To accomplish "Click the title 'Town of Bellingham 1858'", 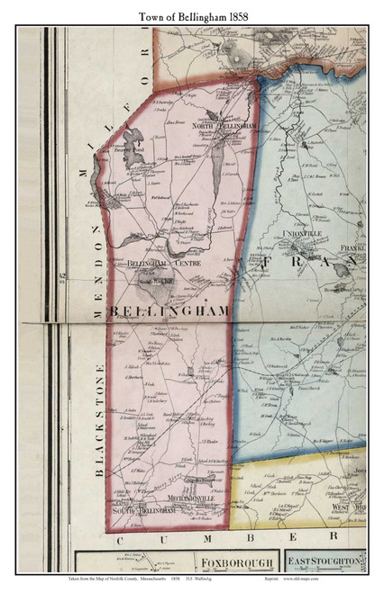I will click(192, 14).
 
